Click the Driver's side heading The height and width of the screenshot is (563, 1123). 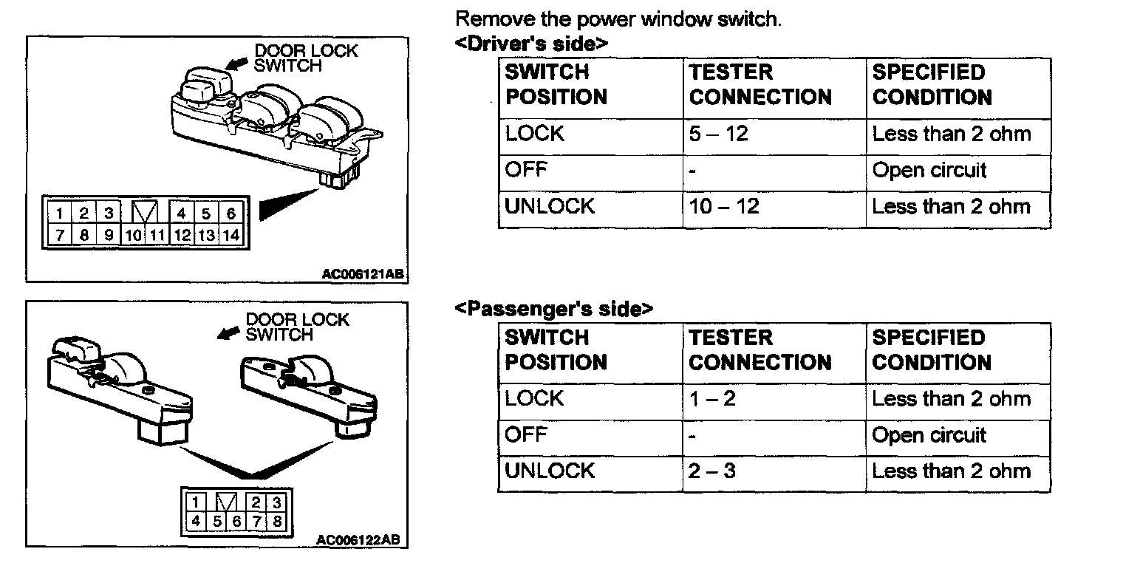pyautogui.click(x=530, y=44)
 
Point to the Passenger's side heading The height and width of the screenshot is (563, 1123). pyautogui.click(x=553, y=309)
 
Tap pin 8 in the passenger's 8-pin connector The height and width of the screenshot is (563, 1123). pyautogui.click(x=277, y=521)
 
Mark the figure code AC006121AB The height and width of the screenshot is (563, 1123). pyautogui.click(x=363, y=273)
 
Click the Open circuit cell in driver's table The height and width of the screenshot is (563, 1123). pyautogui.click(x=929, y=171)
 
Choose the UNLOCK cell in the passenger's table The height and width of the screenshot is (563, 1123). pyautogui.click(x=549, y=471)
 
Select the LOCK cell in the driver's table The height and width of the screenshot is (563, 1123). pyautogui.click(x=534, y=134)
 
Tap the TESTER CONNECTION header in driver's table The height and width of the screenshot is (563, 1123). pyautogui.click(x=760, y=85)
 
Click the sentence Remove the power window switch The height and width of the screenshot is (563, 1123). pyautogui.click(x=618, y=20)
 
